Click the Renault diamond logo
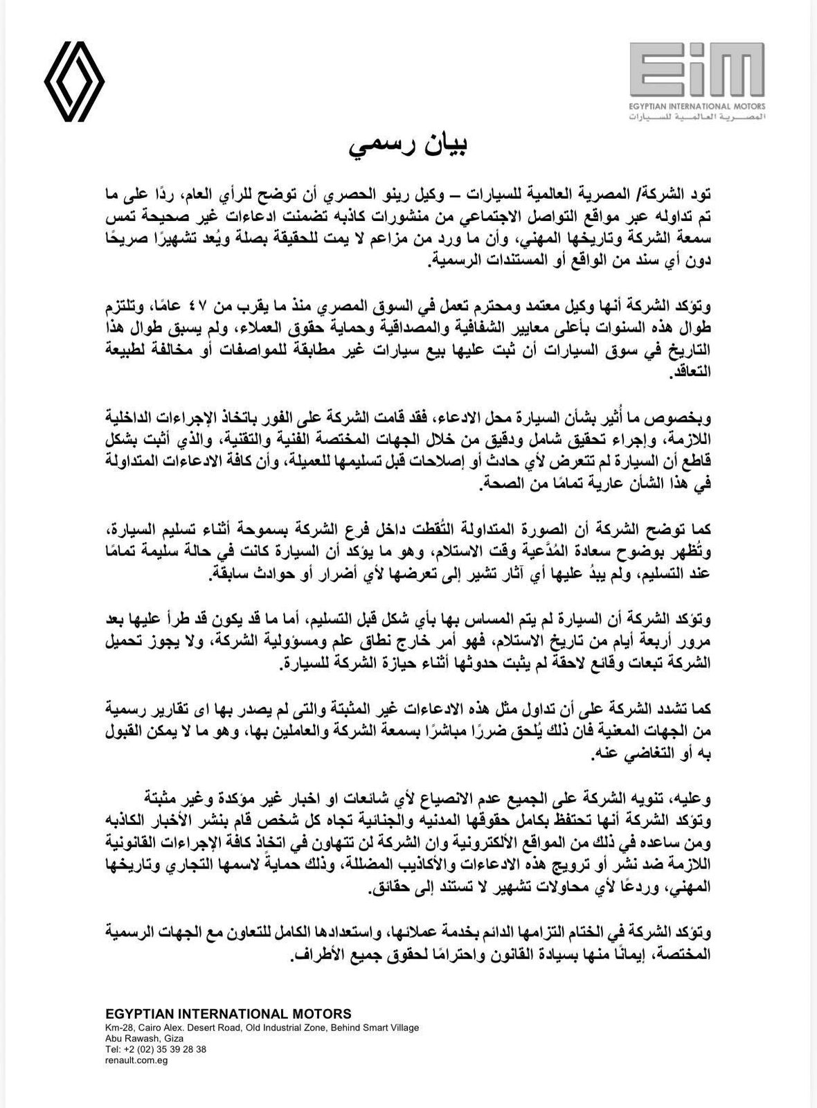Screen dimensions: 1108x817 click(74, 82)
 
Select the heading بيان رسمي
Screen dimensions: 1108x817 click(408, 146)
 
